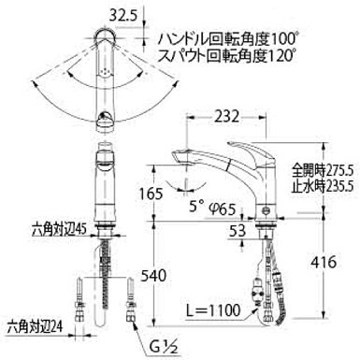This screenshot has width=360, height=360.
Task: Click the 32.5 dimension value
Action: click(x=123, y=15)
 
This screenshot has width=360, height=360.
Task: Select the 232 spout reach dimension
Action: click(x=226, y=117)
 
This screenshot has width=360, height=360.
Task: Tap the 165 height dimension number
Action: click(x=150, y=194)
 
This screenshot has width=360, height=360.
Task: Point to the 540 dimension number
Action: click(x=153, y=276)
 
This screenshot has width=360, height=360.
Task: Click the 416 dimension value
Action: click(x=324, y=262)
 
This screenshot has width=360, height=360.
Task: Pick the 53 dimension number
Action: click(x=237, y=231)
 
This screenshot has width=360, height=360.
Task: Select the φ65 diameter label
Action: click(x=222, y=209)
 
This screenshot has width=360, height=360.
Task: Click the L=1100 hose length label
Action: click(x=213, y=310)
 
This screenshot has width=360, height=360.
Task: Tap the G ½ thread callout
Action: click(x=163, y=347)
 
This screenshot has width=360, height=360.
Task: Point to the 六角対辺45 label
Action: click(x=59, y=231)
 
